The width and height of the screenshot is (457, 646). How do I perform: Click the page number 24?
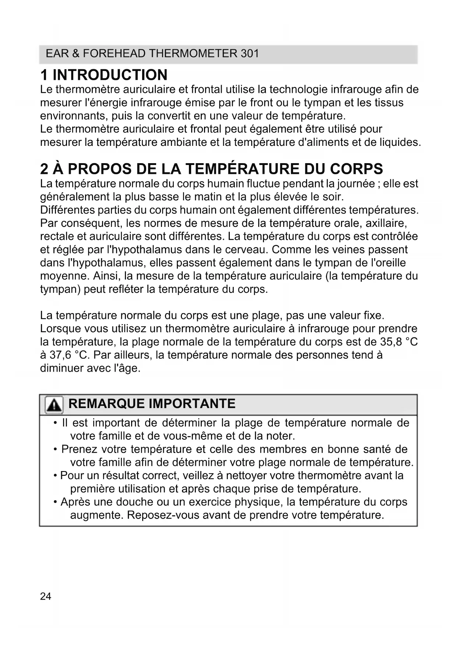46,596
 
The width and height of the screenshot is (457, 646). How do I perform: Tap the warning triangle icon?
54,405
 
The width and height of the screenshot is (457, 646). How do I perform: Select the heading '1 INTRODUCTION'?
104,75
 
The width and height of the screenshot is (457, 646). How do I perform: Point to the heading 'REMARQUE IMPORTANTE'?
152,404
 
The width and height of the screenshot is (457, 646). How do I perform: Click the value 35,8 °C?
399,342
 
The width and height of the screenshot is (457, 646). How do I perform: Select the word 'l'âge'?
127,368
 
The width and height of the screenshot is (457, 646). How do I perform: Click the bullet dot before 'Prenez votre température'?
55,449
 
